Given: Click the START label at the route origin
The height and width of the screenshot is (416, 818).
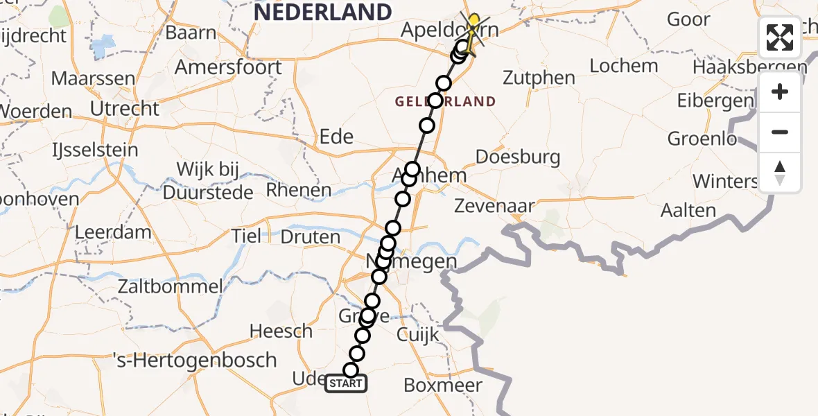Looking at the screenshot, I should (x=346, y=383).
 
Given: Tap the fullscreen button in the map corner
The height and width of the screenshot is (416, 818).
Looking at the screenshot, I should (x=780, y=37).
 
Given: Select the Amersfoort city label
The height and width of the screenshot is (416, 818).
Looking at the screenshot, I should (x=228, y=67).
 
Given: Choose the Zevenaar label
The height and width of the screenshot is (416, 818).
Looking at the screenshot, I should (x=494, y=205).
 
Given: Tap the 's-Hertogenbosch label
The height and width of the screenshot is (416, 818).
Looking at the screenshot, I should (x=195, y=361).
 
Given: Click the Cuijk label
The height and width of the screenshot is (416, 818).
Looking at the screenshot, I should (x=418, y=335).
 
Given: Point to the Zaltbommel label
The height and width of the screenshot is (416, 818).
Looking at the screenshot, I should (x=171, y=286).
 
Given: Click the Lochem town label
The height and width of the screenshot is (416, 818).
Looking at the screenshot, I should (x=624, y=66).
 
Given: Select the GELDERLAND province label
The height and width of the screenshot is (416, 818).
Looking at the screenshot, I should (x=446, y=102).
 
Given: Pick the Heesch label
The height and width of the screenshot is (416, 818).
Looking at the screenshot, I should (x=281, y=331).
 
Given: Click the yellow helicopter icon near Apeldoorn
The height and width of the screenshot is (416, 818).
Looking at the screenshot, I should (x=473, y=31).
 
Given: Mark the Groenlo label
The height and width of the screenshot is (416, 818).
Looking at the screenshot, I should (x=702, y=139).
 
